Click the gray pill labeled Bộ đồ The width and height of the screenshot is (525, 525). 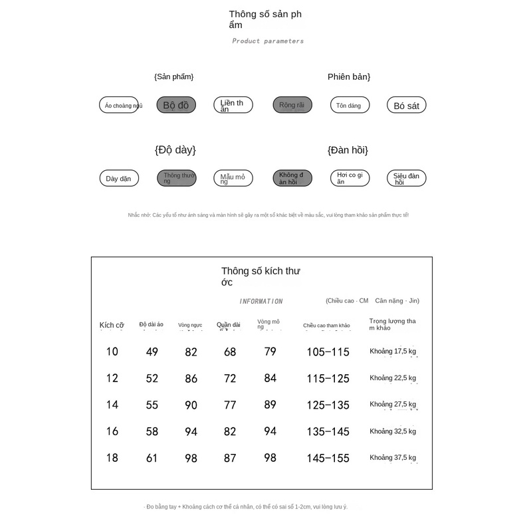tap(176, 105)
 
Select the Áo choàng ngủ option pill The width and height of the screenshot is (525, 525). tap(120, 105)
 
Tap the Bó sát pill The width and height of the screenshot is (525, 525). tap(406, 105)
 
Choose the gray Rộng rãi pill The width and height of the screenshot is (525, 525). tap(292, 105)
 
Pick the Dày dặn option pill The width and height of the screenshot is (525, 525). tap(119, 178)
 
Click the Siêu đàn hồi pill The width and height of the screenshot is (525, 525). tap(406, 178)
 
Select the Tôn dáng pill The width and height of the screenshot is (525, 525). tap(350, 105)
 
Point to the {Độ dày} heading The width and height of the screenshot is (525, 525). tap(175, 150)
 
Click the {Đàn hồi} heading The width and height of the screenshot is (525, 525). tap(348, 150)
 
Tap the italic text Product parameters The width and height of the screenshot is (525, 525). tap(268, 41)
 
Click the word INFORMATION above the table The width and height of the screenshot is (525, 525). tap(261, 301)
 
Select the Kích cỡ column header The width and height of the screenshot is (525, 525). tap(112, 325)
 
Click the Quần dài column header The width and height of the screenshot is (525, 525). tap(229, 325)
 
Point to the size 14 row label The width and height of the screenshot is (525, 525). tap(112, 404)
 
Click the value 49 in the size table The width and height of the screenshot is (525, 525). tap(152, 352)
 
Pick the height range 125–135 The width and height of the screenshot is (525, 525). tap(328, 405)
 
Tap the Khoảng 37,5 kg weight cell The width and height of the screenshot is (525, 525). tap(393, 457)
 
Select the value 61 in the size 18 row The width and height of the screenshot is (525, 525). tap(152, 458)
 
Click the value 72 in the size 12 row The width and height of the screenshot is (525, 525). tap(230, 378)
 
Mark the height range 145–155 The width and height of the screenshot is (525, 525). tap(328, 458)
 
